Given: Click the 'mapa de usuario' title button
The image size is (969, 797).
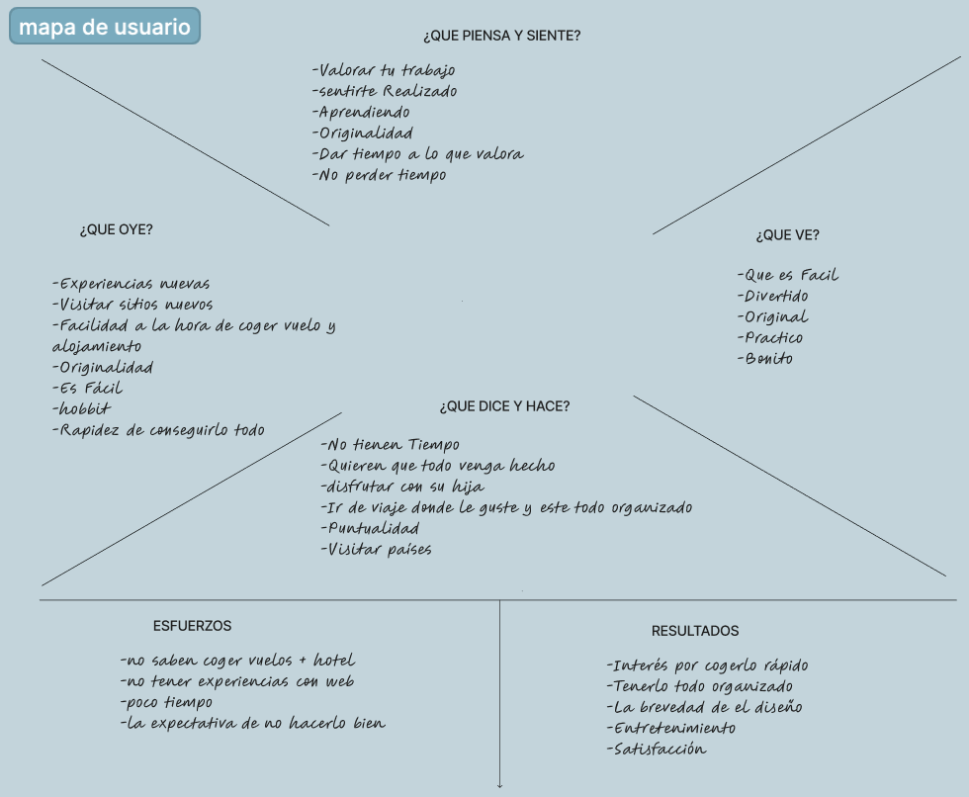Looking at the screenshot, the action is click(x=105, y=26).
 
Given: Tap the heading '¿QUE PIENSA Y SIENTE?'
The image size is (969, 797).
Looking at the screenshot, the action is click(x=502, y=36).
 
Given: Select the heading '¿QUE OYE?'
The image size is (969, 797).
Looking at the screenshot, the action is click(x=117, y=229).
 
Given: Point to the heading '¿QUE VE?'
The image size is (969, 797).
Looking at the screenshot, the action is click(x=787, y=235).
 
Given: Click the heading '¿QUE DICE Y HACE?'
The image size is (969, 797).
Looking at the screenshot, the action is click(x=505, y=406).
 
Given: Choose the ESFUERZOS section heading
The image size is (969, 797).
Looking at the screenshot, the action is click(x=192, y=626).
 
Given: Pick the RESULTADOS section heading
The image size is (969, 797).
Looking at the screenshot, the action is click(x=695, y=631).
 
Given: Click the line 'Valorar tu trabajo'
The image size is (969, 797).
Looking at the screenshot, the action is click(x=384, y=70).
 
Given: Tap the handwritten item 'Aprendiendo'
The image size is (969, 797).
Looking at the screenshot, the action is click(x=361, y=113).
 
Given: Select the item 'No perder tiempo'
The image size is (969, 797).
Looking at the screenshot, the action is click(x=380, y=175).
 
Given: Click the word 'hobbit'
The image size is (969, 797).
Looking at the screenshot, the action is click(x=81, y=408).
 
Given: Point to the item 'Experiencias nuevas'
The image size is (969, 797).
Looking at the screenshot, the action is click(x=131, y=284).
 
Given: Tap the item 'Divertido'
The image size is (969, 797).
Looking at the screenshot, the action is click(x=772, y=296).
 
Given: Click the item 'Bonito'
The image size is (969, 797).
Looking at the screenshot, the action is click(x=765, y=358).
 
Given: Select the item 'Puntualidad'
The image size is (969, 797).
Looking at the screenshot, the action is click(x=370, y=528).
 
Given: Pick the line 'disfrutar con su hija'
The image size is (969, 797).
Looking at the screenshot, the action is click(x=402, y=487).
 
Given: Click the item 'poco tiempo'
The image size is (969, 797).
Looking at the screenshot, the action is click(x=166, y=702).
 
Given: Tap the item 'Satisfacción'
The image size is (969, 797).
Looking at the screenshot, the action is click(x=657, y=750).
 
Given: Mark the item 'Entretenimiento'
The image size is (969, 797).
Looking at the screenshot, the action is click(x=671, y=729).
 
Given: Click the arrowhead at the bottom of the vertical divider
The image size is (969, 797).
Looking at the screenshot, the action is click(x=500, y=786).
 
